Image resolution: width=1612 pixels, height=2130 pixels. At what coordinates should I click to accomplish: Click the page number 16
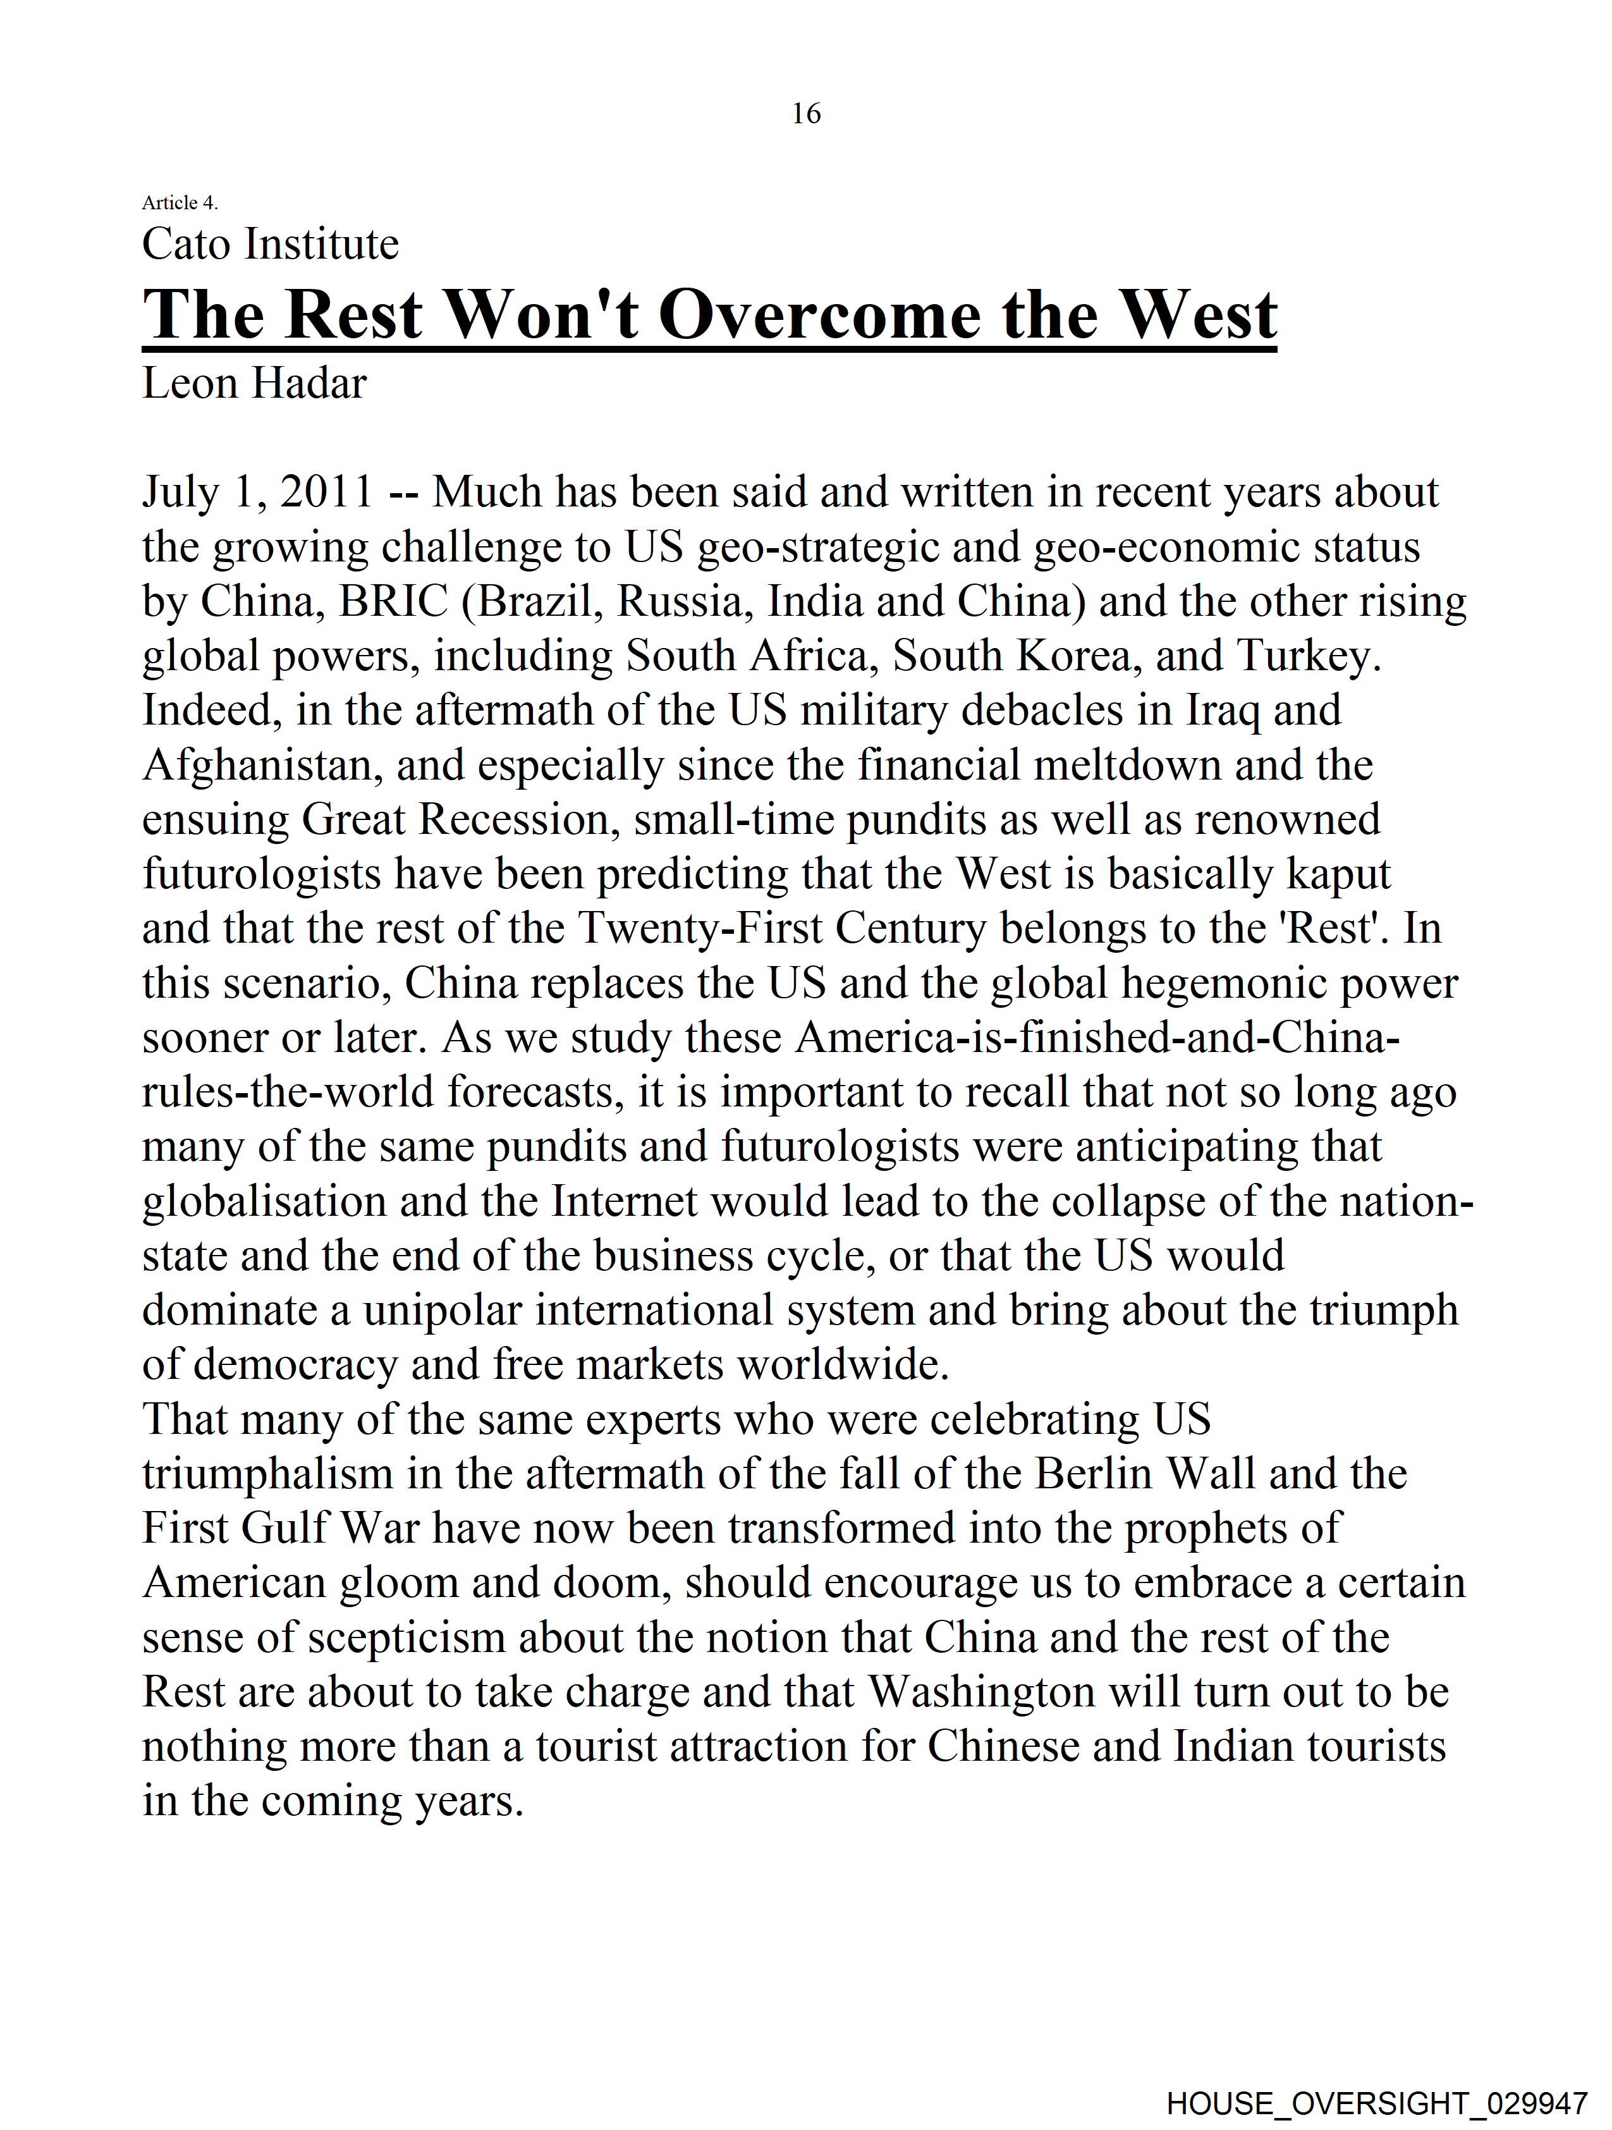806,114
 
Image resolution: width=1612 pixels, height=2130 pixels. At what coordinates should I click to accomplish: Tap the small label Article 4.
180,202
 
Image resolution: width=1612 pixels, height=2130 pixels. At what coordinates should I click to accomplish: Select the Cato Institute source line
271,245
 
